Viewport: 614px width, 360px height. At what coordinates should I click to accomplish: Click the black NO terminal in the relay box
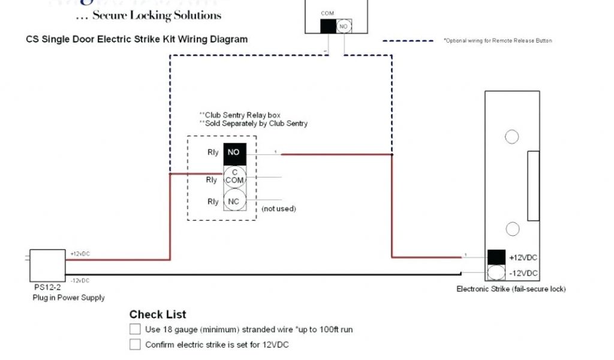tap(233, 154)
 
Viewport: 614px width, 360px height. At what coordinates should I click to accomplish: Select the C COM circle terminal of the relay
tap(234, 177)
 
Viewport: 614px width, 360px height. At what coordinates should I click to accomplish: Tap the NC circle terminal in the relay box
tap(234, 202)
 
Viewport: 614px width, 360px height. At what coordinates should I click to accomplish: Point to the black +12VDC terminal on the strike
tap(496, 257)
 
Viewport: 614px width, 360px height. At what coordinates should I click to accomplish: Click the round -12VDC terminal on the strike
tap(496, 273)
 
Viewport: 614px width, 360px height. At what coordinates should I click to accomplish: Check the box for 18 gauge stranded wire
tap(135, 329)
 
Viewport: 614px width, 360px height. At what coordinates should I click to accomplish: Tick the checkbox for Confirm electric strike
tap(135, 344)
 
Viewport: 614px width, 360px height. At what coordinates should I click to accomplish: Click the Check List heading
tap(158, 314)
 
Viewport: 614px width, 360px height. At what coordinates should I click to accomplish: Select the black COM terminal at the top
tap(328, 26)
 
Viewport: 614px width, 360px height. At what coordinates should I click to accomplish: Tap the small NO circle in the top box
tap(344, 26)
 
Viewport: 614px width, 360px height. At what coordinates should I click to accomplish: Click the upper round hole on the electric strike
tap(511, 137)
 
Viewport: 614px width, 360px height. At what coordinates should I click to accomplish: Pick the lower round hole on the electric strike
tap(511, 229)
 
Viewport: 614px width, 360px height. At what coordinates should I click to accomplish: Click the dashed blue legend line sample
tap(408, 41)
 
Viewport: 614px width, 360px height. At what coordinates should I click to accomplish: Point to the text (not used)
tap(279, 209)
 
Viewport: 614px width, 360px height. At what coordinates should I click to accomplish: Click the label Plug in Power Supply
tap(68, 298)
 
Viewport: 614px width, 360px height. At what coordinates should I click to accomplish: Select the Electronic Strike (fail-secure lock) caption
tap(511, 289)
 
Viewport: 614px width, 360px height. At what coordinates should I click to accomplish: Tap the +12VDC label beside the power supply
tap(79, 254)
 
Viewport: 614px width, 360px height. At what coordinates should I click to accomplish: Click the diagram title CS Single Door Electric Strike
tap(136, 40)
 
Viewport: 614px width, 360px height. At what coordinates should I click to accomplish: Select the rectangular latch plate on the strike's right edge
tap(532, 186)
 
